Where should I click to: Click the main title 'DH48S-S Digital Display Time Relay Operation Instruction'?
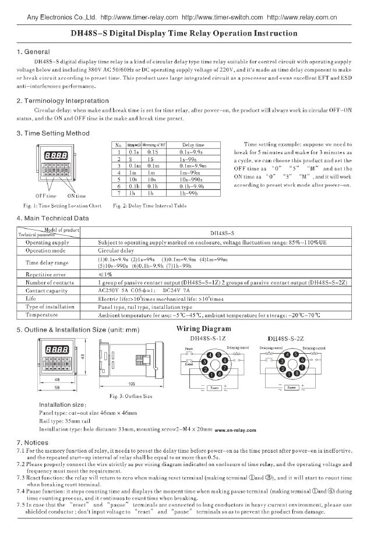pyautogui.click(x=188, y=34)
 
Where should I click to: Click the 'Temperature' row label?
pyautogui.click(x=42, y=314)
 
